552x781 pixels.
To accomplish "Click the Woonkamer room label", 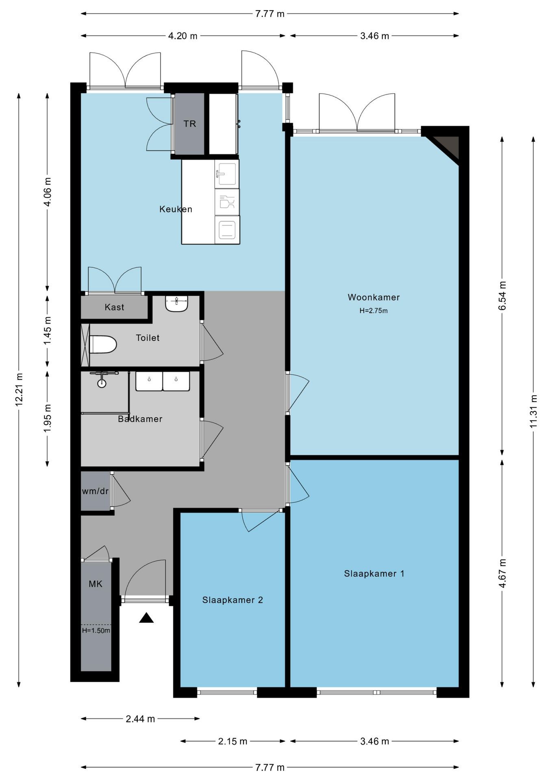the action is (x=374, y=297).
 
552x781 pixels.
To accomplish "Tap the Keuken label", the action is (x=176, y=209).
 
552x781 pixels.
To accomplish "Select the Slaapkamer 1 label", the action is (x=374, y=574).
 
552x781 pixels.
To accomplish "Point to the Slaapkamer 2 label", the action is (x=233, y=600).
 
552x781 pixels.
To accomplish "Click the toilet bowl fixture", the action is (x=103, y=345).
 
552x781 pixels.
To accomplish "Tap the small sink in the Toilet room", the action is (x=177, y=303).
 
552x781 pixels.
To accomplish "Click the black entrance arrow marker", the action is (x=146, y=618).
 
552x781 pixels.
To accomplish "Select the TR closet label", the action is (x=190, y=124).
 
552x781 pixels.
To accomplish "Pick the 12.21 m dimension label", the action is (x=19, y=389).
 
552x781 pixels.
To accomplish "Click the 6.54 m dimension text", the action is (x=502, y=296).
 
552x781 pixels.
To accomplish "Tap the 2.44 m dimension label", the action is (x=140, y=719).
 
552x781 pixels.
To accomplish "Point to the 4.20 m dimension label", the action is (x=183, y=36).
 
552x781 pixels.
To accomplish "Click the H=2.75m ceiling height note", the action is (x=374, y=311).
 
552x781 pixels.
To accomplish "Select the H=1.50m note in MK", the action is (x=96, y=630).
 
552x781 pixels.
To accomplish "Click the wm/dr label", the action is (x=95, y=491).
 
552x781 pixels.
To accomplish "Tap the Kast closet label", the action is (x=114, y=307).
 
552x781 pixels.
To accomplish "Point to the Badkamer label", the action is (x=140, y=419).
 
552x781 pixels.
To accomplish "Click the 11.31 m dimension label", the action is (x=534, y=411).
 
